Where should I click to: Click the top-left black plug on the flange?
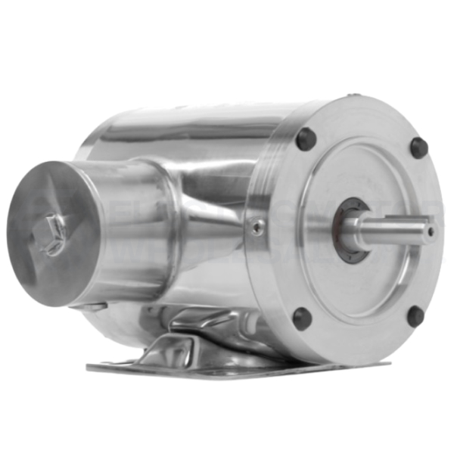(306, 139)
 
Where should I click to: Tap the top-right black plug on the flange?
(418, 147)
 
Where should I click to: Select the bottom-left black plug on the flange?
(302, 318)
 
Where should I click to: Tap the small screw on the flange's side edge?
(258, 225)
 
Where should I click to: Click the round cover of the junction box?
(53, 234)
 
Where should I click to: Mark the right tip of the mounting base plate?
(386, 364)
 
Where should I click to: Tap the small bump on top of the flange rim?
(353, 97)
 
